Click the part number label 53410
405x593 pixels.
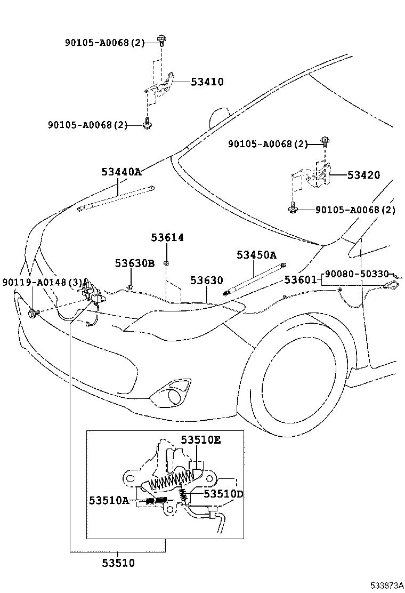tap(207, 82)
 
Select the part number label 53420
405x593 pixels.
tap(364, 175)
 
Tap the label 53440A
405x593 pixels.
tap(122, 172)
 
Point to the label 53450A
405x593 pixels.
tap(257, 255)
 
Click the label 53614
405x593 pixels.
tap(167, 237)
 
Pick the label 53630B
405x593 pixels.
tap(135, 263)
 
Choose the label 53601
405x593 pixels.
tap(301, 279)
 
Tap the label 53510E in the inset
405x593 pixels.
tap(200, 440)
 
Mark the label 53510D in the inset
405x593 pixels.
tap(224, 494)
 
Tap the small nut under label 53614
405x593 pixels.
tap(167, 262)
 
